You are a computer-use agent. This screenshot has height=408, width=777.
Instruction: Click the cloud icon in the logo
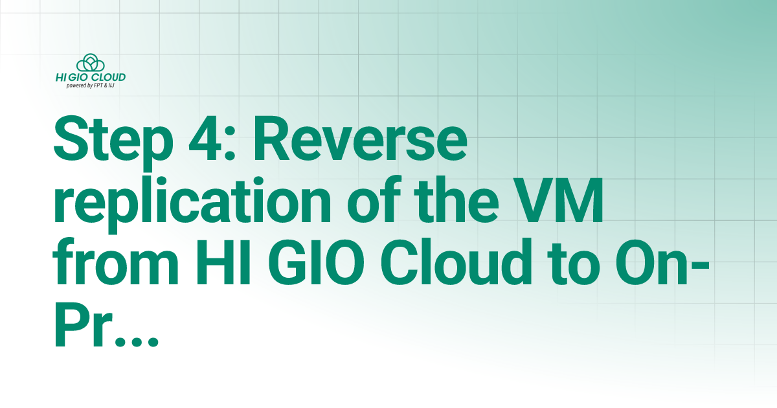pyautogui.click(x=91, y=63)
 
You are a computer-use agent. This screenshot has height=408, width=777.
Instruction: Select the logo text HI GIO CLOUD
pyautogui.click(x=91, y=78)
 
